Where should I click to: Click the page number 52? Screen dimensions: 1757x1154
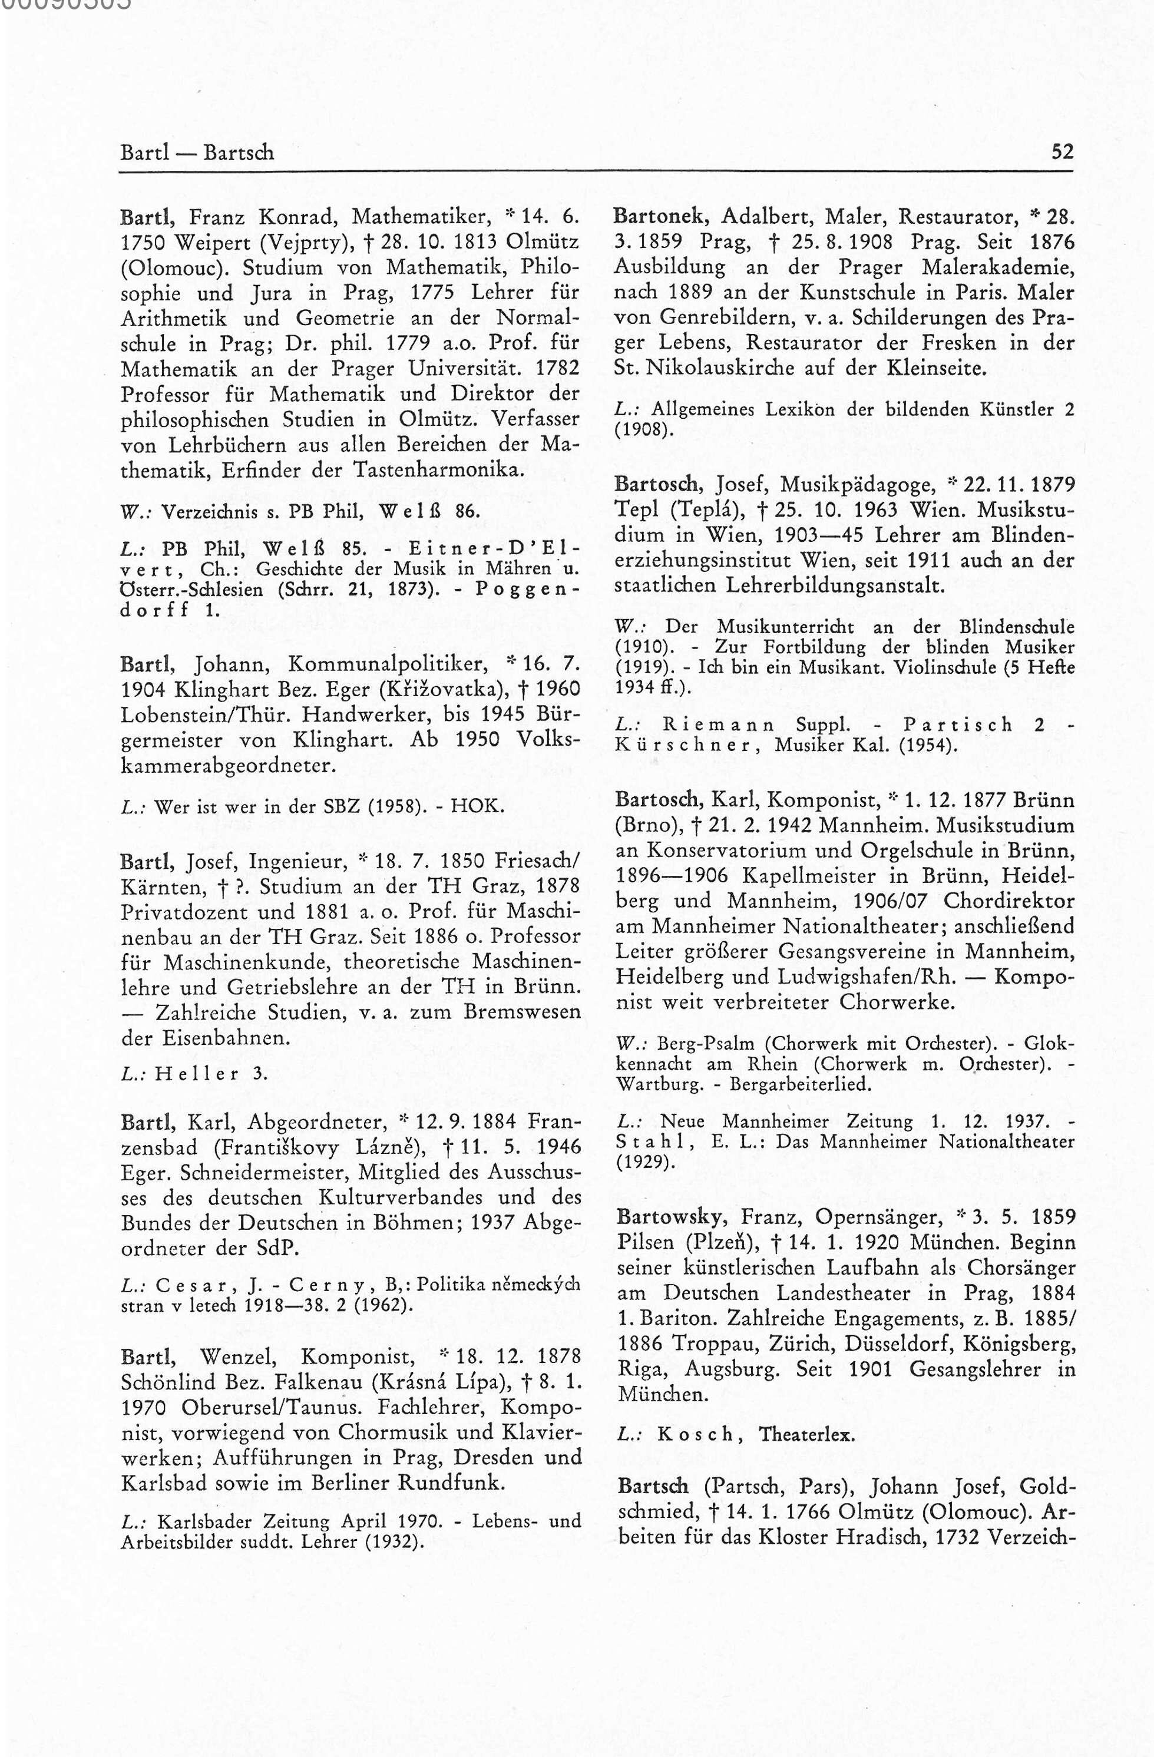(x=1062, y=152)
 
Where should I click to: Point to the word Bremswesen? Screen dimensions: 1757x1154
(x=522, y=1012)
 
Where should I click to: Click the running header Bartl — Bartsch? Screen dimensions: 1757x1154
(x=197, y=153)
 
